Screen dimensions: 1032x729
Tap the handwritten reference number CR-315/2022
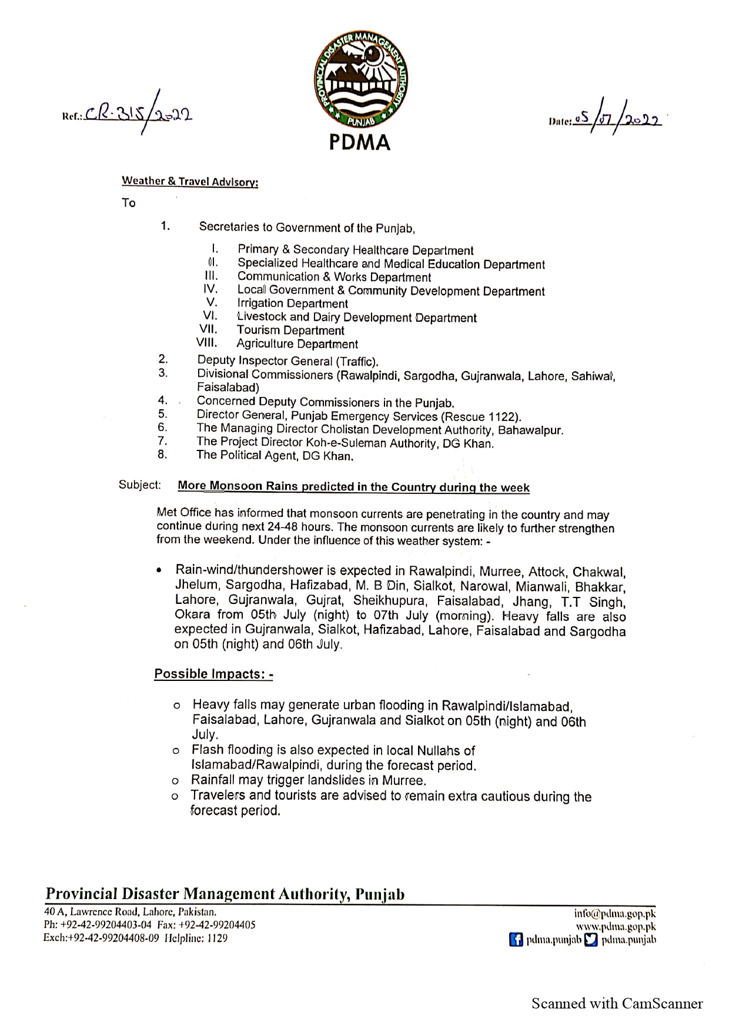138,113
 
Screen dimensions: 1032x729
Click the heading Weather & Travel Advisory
190,182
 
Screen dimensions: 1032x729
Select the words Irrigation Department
292,304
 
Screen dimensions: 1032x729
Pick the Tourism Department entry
290,330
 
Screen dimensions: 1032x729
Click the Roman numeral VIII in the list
207,343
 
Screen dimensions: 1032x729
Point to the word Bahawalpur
530,430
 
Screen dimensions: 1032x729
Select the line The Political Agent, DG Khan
275,456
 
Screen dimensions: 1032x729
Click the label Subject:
140,485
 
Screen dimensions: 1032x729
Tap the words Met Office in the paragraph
183,513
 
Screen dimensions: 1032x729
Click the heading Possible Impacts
213,674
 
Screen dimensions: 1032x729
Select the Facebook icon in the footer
516,940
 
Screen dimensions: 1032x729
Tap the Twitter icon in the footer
591,940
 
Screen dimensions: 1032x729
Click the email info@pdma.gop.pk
614,914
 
